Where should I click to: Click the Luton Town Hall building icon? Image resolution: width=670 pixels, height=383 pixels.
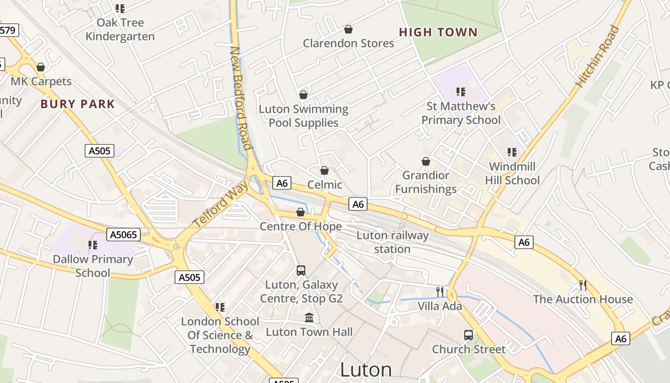click(x=309, y=318)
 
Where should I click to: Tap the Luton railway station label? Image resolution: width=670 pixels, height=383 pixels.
click(x=392, y=242)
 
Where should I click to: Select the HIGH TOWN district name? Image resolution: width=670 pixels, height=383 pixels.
click(x=438, y=33)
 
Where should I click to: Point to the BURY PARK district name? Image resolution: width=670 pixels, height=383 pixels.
click(x=78, y=104)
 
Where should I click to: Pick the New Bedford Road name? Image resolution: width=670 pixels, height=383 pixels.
click(x=241, y=98)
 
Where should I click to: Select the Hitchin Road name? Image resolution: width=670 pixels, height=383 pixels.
click(x=597, y=56)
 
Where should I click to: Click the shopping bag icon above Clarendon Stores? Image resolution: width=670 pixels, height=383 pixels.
click(x=348, y=29)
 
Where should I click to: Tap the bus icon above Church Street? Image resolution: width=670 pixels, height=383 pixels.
click(x=468, y=335)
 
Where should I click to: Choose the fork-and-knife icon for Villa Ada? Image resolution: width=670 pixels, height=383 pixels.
click(x=440, y=292)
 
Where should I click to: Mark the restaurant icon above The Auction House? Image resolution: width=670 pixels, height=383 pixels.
click(x=583, y=285)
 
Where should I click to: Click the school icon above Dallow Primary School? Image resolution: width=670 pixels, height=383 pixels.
click(x=93, y=245)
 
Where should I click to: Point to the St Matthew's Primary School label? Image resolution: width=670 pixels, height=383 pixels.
click(x=461, y=113)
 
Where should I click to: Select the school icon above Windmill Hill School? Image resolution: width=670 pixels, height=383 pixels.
click(x=512, y=152)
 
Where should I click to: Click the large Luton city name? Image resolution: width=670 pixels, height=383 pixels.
click(x=366, y=370)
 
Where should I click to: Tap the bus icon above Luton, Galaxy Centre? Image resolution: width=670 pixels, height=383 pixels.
click(x=301, y=270)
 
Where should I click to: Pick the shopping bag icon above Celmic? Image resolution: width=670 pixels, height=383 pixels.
click(x=324, y=170)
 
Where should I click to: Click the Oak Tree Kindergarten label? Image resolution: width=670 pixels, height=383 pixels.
click(x=120, y=30)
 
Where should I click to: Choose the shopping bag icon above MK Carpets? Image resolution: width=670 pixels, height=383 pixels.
click(x=41, y=67)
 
